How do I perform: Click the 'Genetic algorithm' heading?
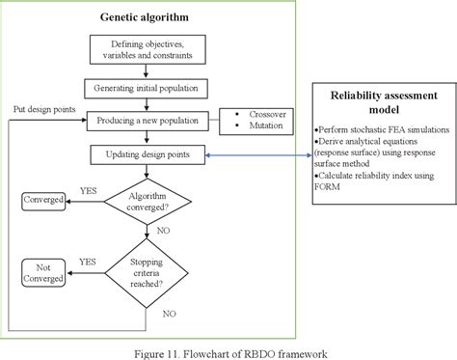point(145,17)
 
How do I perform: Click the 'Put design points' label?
point(44,108)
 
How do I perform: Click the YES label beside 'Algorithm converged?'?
point(87,190)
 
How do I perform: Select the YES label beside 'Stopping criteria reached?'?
point(87,260)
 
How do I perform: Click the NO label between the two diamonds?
point(165,232)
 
